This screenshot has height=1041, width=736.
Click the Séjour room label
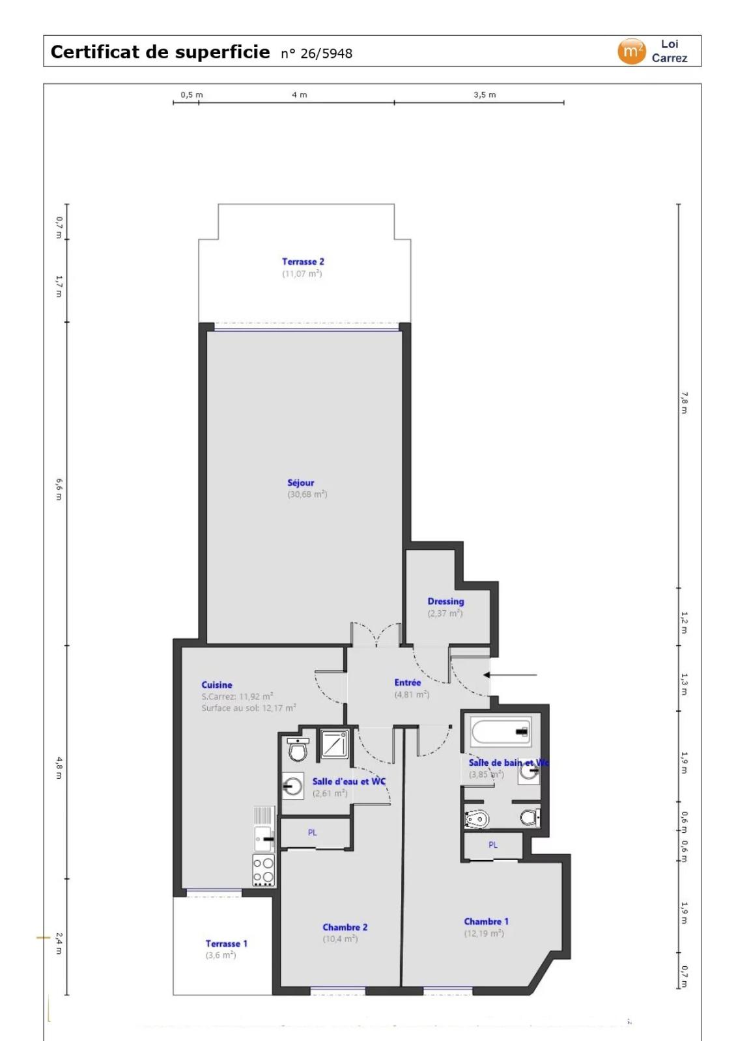[300, 483]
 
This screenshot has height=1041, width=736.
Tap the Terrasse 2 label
[303, 262]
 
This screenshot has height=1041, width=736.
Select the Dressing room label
[446, 601]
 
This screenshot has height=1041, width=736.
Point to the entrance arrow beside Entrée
[510, 675]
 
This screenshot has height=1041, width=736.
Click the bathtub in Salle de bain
[501, 732]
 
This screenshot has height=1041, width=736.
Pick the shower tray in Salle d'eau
[335, 744]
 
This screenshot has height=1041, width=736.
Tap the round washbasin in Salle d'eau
[293, 787]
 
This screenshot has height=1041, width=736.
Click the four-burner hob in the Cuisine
[264, 871]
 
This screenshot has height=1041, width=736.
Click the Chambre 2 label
[345, 927]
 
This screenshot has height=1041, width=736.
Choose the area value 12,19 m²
[484, 934]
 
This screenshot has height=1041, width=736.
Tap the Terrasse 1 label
[226, 943]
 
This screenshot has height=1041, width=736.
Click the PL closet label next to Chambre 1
[493, 845]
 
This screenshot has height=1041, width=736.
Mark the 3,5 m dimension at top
[485, 95]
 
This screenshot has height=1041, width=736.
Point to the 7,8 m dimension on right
[684, 402]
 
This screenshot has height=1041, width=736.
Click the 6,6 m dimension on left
[59, 489]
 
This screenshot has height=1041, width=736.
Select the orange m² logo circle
[630, 51]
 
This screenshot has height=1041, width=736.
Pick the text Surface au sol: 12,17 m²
[248, 708]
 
